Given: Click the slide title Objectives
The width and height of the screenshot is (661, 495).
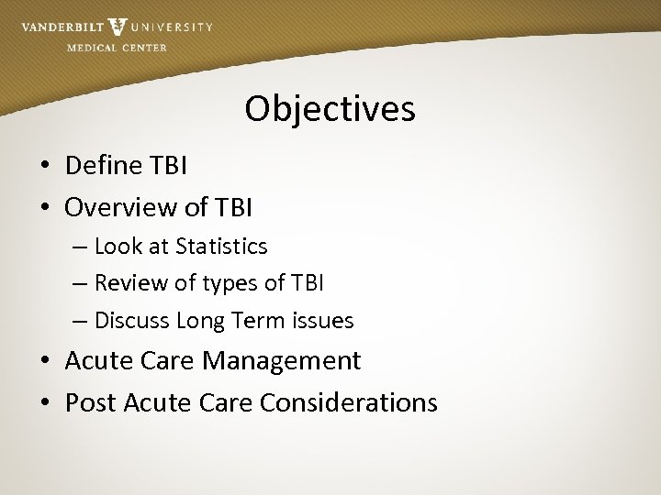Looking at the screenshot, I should coord(330,109).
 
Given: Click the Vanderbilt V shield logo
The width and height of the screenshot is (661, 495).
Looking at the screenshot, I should coord(118,27).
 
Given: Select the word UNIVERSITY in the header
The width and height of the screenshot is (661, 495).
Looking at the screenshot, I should coord(172,27).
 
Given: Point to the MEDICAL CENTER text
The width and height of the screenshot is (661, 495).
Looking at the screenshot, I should coord(117,48).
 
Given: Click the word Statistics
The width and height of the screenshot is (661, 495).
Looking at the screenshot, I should coord(223,247).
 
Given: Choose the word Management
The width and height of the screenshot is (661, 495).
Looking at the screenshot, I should coord(282,361).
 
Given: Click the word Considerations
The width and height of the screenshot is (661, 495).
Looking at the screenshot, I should coord(349,402).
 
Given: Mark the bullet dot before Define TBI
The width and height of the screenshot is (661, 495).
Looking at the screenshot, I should coord(44,167).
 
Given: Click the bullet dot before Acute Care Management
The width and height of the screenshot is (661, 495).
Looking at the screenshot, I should coord(44,362).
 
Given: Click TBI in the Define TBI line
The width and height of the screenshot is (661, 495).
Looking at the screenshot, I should coord(167,166).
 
